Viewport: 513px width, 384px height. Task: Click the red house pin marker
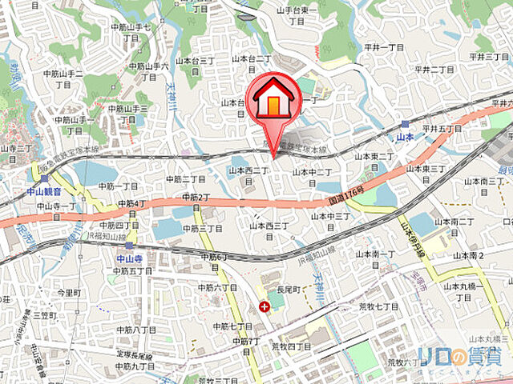pos(274,100)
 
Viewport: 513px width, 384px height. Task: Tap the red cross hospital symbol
pos(265,306)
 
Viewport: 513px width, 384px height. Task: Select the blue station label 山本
pos(405,138)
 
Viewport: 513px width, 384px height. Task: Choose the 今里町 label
pos(69,294)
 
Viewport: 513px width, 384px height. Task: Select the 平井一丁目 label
pos(383,48)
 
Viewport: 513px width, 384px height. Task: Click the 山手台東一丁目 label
pos(297,16)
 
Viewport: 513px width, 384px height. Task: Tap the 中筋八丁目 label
pos(135,330)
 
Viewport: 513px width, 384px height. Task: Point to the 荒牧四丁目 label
pos(291,346)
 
